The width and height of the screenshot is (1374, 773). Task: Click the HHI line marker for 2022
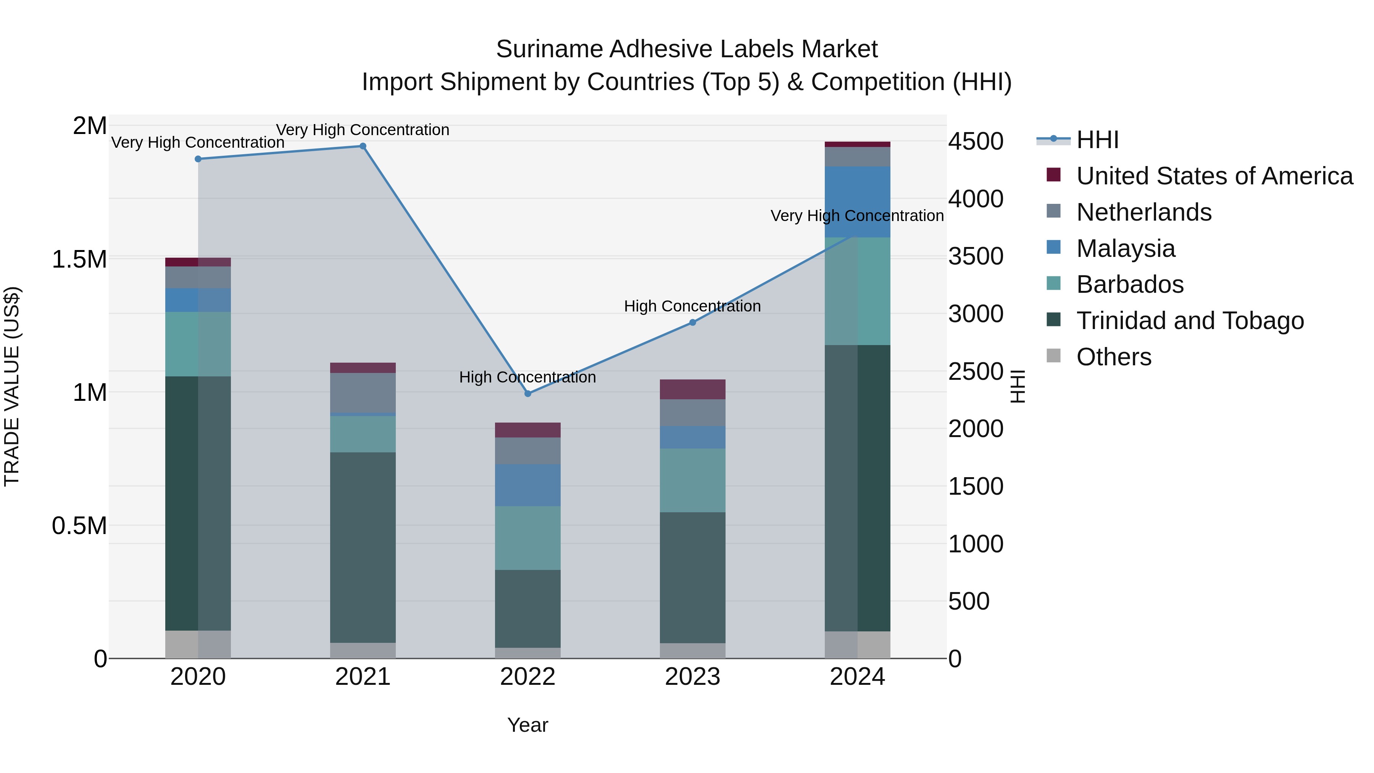click(x=527, y=394)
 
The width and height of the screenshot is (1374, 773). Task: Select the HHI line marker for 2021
click(x=363, y=146)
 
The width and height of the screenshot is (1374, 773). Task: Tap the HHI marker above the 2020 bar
click(x=198, y=159)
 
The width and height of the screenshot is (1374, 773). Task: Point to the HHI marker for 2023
click(x=692, y=322)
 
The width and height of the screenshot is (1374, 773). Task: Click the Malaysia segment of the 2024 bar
click(x=857, y=202)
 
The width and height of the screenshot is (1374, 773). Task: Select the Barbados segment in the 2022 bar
click(x=527, y=538)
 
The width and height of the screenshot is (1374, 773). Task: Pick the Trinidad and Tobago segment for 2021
click(x=363, y=547)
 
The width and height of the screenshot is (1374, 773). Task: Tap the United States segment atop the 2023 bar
click(x=692, y=389)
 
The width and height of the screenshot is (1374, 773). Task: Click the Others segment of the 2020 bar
click(x=198, y=644)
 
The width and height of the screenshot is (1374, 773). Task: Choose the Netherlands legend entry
click(x=1143, y=212)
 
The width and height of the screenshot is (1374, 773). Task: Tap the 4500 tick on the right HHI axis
click(x=976, y=142)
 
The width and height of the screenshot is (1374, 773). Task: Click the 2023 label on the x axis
click(x=692, y=677)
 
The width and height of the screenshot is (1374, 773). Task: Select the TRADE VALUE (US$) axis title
click(x=12, y=387)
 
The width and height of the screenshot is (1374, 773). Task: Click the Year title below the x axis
click(x=527, y=725)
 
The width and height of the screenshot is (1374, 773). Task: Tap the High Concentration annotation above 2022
click(x=527, y=377)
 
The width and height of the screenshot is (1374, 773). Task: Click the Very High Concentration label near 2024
click(x=857, y=216)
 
